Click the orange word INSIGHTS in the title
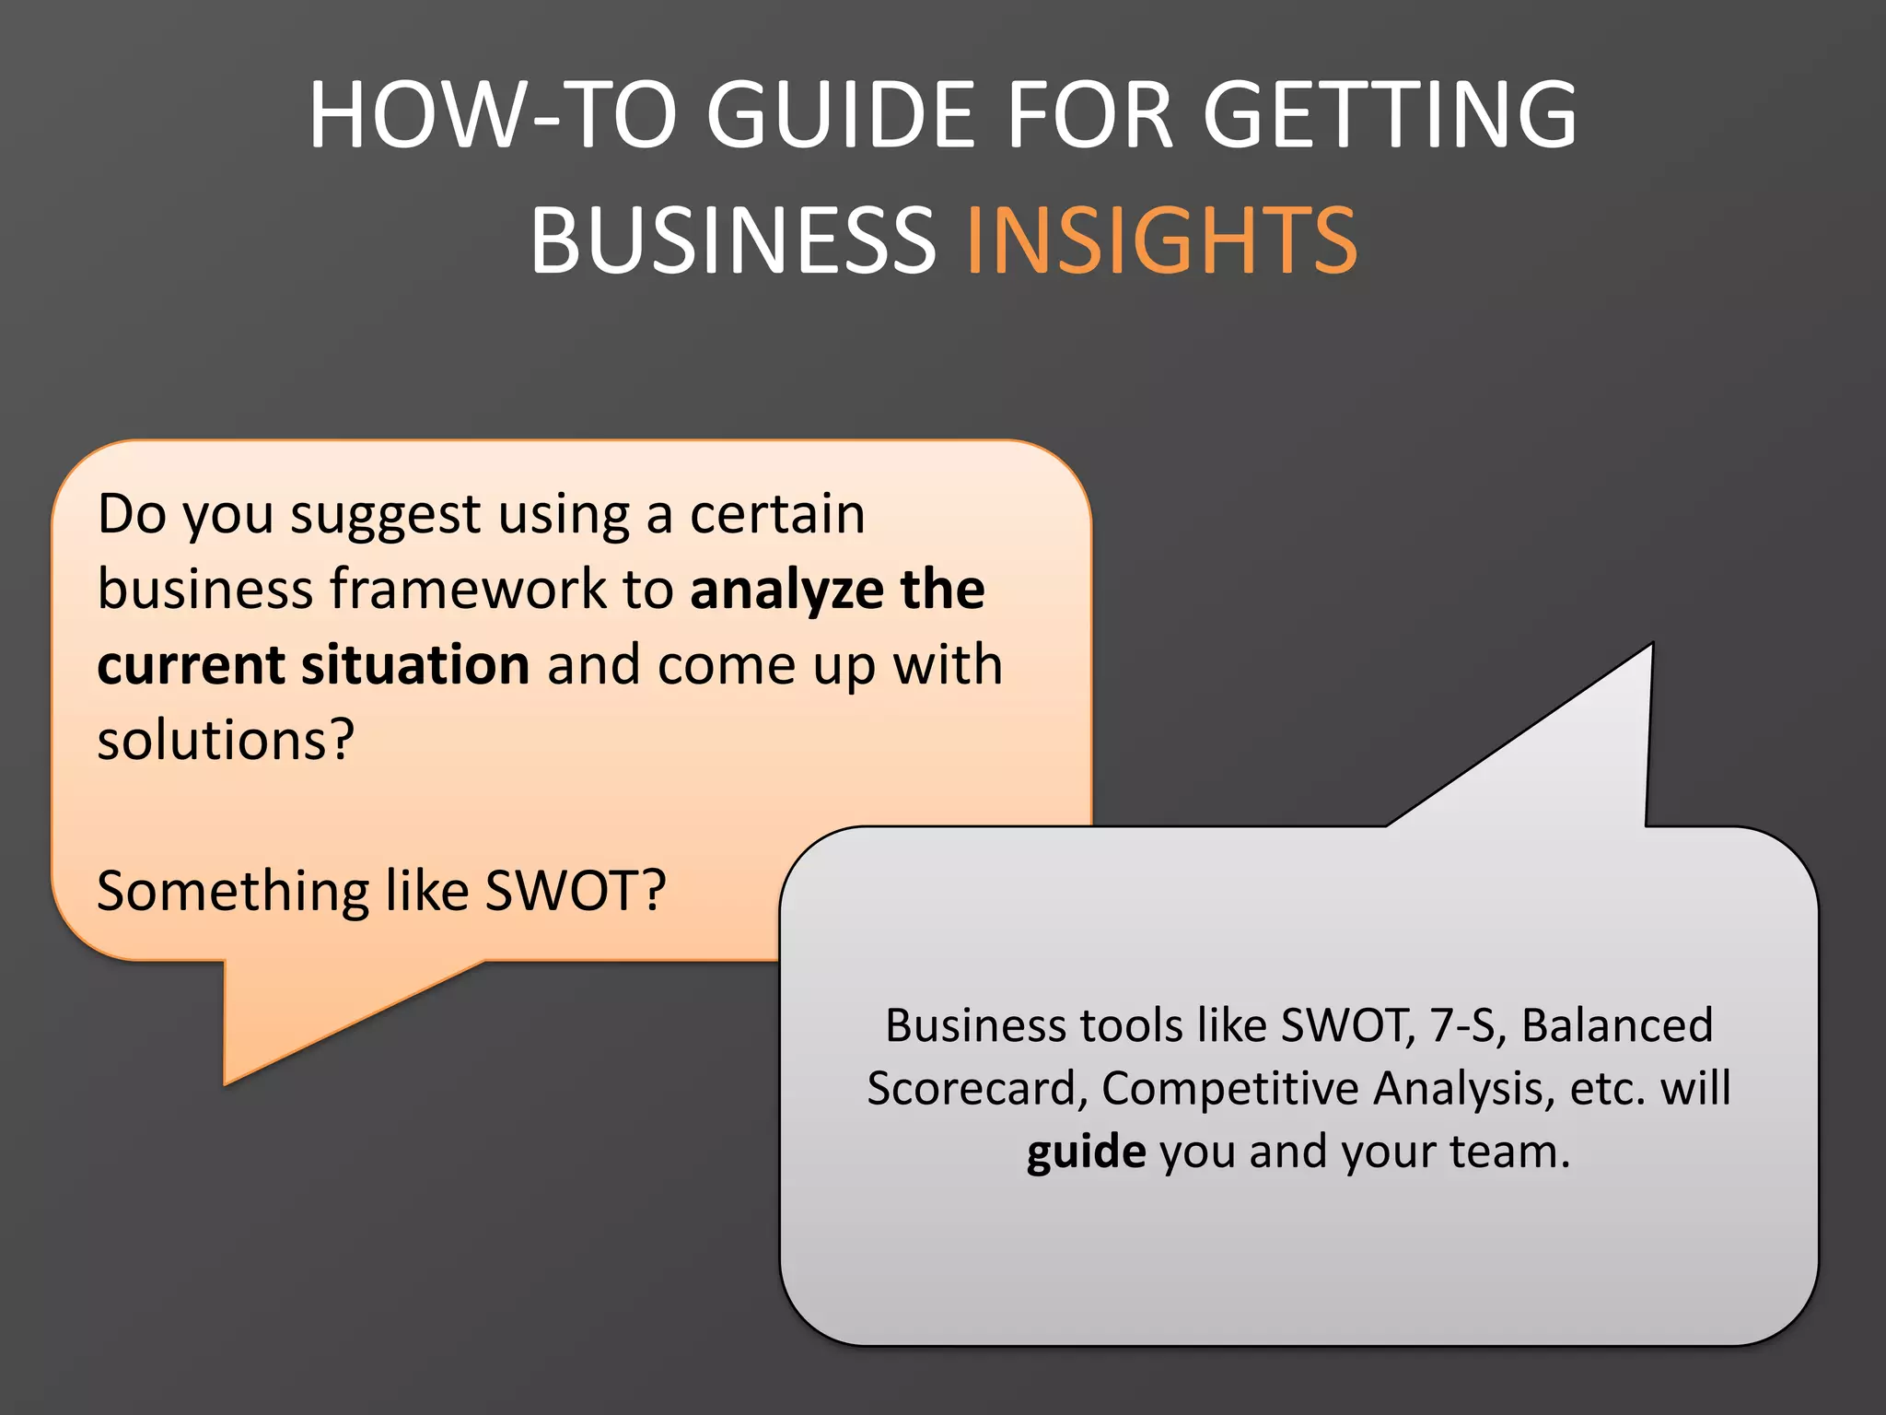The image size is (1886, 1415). coord(1160,241)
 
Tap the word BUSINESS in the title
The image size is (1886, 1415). coord(733,241)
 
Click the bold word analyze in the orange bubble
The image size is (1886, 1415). coord(786,590)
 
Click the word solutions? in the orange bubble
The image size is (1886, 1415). coord(226,740)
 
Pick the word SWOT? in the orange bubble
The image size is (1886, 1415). coord(575,891)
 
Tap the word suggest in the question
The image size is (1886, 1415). coord(386,516)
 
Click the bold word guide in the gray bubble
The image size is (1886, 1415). coord(1086,1152)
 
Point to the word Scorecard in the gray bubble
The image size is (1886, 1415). coord(971,1089)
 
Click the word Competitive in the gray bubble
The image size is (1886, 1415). coord(1230,1089)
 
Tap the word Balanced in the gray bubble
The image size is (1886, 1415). coord(1617,1025)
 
